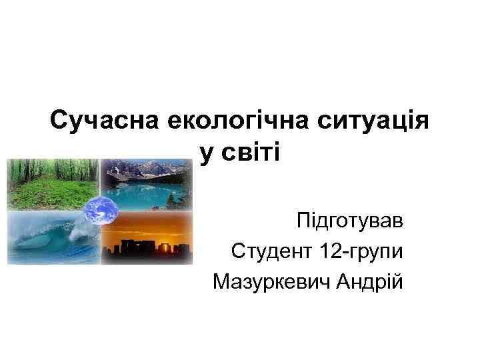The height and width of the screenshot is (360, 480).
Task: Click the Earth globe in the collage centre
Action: [x=101, y=212]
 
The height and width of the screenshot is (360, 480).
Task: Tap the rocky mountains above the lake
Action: [x=143, y=170]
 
